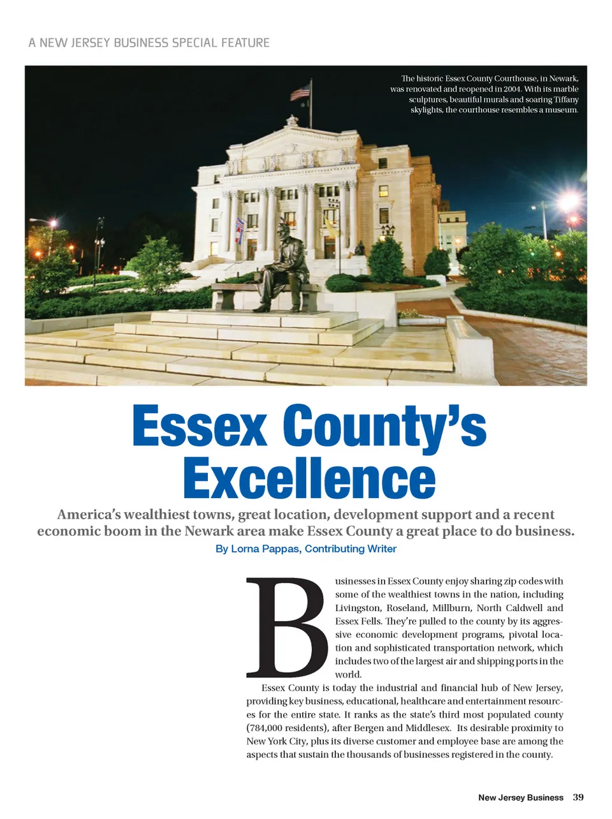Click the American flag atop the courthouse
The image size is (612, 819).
pos(300,92)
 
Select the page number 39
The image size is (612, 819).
pos(578,797)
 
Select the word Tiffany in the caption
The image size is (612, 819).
pos(566,100)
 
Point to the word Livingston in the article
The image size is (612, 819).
pos(358,608)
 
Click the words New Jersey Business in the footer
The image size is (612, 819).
pos(521,797)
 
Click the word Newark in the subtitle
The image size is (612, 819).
pos(207,531)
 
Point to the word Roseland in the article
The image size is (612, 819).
pos(405,608)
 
